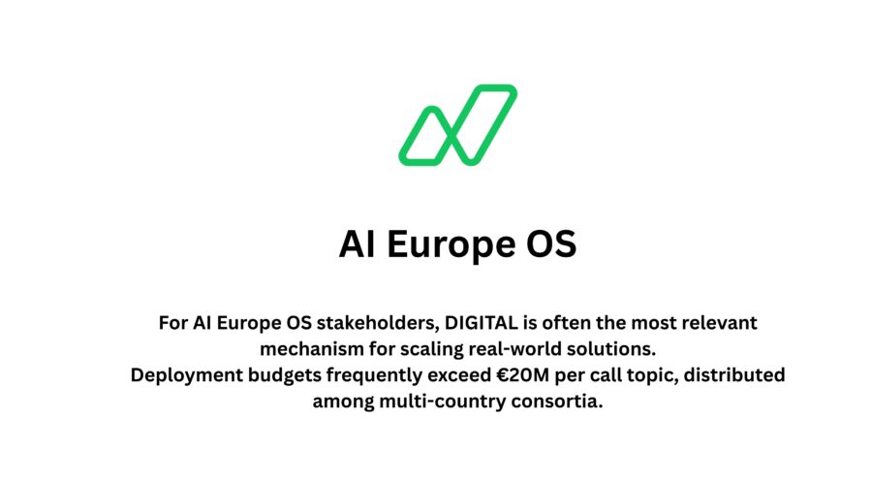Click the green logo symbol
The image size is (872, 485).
[x=457, y=124]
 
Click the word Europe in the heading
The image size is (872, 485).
[x=448, y=244]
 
